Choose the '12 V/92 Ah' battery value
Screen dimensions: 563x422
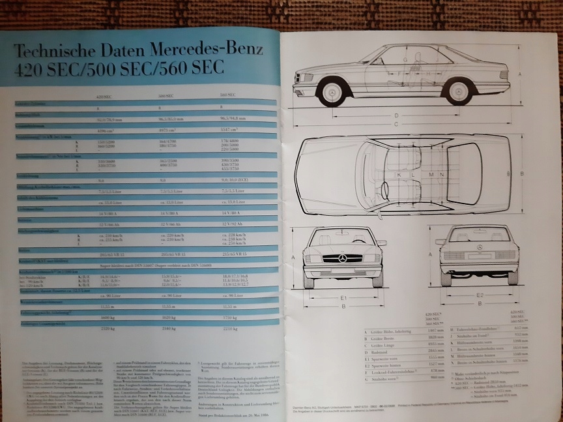point(236,224)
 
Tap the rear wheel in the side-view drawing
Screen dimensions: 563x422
point(460,91)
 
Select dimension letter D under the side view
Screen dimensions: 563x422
point(396,116)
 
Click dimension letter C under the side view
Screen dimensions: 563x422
point(396,124)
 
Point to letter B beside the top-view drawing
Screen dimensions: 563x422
point(523,173)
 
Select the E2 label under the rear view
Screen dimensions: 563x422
point(479,295)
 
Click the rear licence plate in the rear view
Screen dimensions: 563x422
point(479,256)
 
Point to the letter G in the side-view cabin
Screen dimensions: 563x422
point(405,59)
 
